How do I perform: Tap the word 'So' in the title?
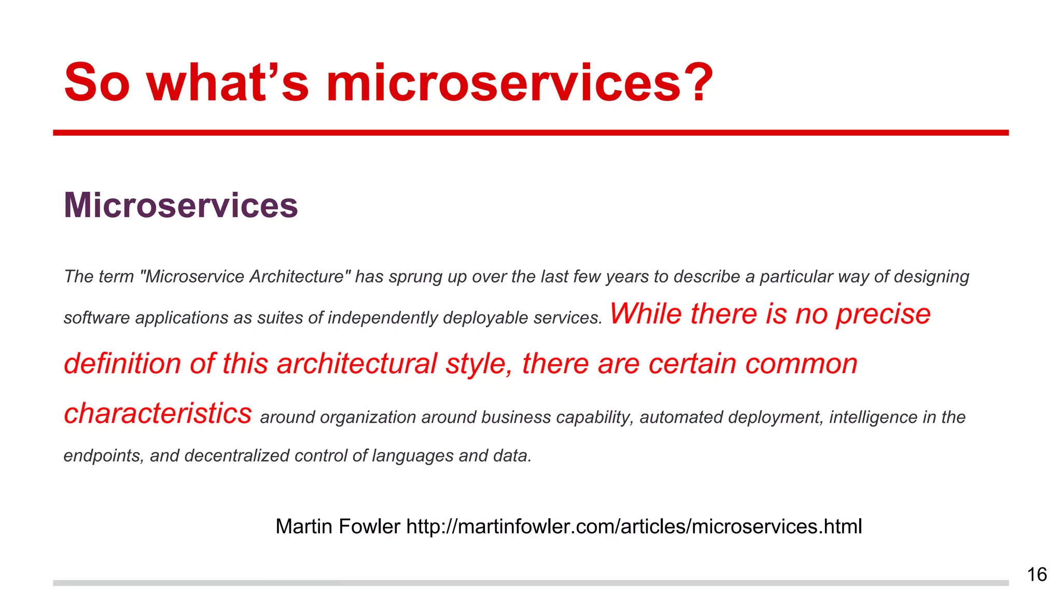(96, 83)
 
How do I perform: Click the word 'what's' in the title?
(228, 83)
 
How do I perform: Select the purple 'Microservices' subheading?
(180, 205)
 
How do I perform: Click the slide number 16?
(1037, 575)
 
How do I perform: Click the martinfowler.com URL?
(634, 527)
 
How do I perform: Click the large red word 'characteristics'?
(158, 413)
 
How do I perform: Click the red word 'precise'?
(883, 314)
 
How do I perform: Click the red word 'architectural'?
(357, 363)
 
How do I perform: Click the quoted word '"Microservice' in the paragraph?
(192, 277)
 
